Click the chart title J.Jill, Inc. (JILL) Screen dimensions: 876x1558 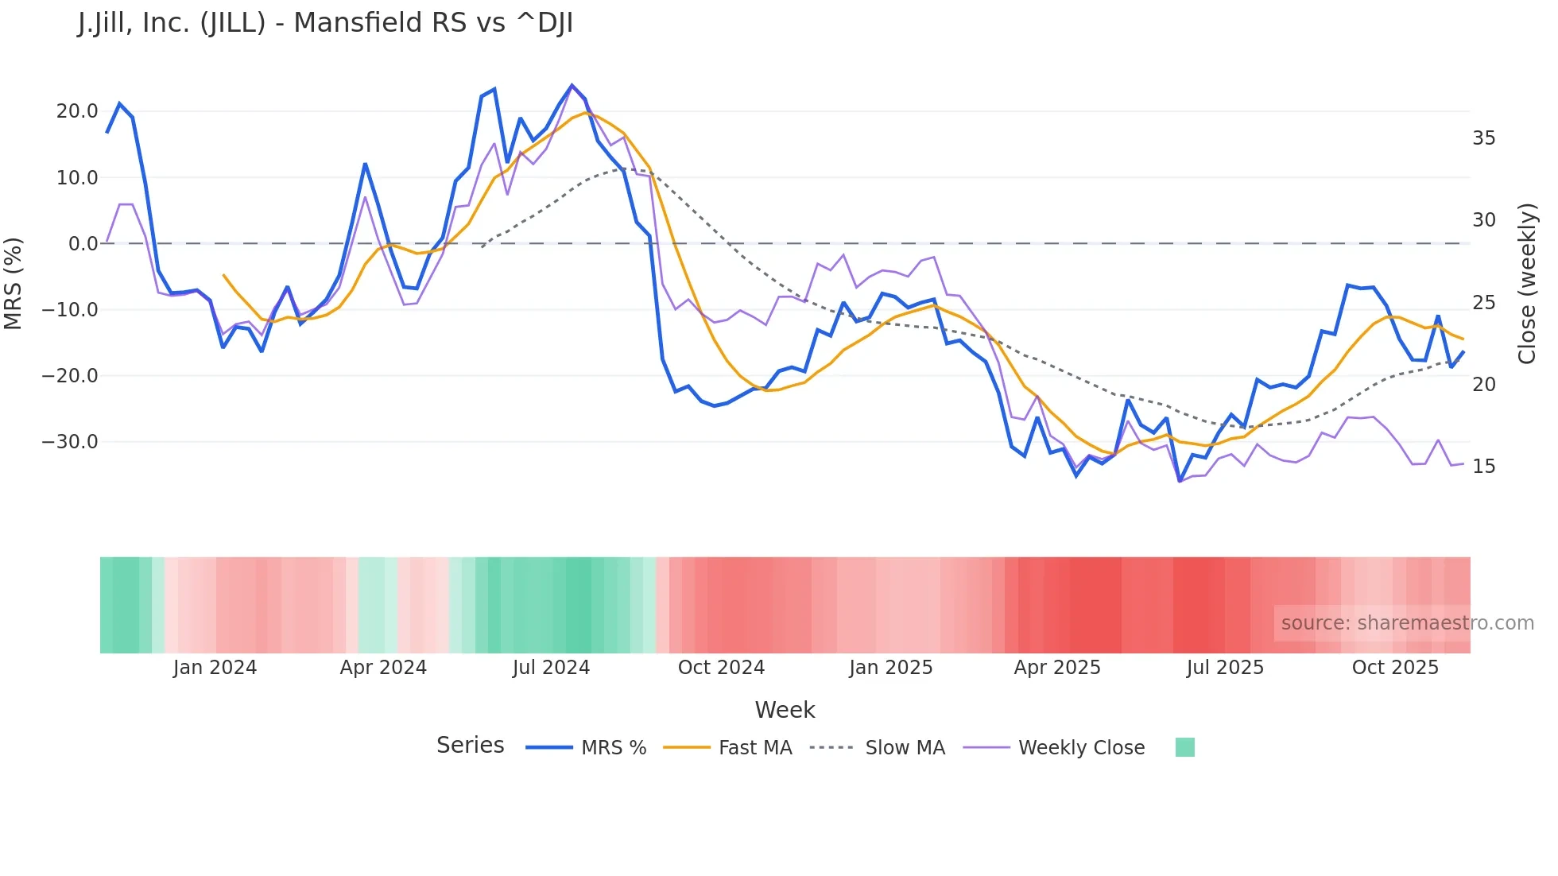tap(325, 23)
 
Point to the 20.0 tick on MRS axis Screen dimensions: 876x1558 tap(77, 111)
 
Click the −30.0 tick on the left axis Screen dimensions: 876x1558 tap(70, 442)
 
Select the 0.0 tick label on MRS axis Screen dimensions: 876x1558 tap(83, 244)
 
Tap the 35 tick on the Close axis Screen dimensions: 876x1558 tap(1483, 138)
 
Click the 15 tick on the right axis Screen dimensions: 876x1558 tap(1483, 467)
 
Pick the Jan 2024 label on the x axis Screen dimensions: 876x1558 tap(215, 668)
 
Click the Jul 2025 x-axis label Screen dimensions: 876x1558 tap(1225, 668)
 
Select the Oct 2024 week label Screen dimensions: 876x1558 tap(721, 668)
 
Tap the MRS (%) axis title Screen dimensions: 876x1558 tap(14, 283)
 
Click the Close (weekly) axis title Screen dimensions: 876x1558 tap(1526, 284)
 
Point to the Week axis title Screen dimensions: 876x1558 tap(785, 710)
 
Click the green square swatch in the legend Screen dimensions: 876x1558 tap(1184, 747)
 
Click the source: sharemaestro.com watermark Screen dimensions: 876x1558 tap(1407, 623)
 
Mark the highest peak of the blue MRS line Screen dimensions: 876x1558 tap(572, 86)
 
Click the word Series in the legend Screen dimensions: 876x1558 tap(470, 746)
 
